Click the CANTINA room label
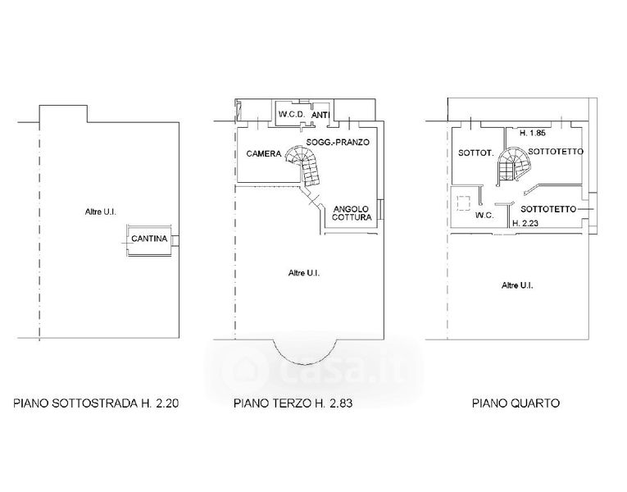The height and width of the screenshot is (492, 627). (x=149, y=239)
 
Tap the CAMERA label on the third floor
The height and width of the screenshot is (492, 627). (x=264, y=153)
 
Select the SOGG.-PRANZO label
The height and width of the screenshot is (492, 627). (x=338, y=142)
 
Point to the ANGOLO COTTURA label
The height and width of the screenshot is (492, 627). (x=352, y=213)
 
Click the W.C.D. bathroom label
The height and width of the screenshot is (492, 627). (x=292, y=115)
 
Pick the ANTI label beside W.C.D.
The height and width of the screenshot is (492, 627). (x=320, y=115)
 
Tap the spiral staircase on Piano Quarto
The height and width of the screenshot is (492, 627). (x=513, y=163)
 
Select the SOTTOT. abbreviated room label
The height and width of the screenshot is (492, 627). (x=476, y=153)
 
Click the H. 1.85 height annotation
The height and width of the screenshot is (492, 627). (x=532, y=133)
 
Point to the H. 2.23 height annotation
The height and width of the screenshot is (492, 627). (x=525, y=223)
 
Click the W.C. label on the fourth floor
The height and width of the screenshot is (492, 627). (x=484, y=215)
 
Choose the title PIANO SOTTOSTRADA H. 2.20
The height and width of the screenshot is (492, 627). (x=96, y=403)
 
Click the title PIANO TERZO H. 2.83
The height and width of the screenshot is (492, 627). (x=293, y=403)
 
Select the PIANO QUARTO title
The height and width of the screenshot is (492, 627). (x=516, y=403)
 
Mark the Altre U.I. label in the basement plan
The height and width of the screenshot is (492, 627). (x=100, y=212)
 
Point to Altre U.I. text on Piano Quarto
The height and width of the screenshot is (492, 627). (x=517, y=285)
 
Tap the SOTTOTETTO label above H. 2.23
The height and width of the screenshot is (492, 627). (x=548, y=209)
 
